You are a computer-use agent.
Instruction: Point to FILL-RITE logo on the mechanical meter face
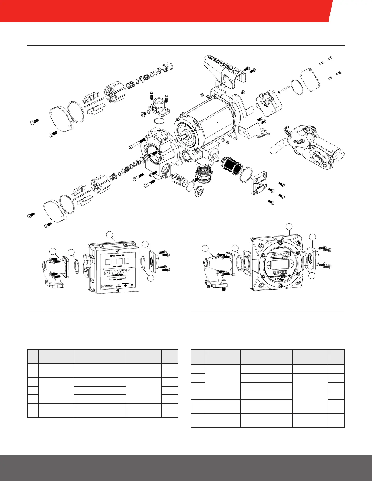coord(117,272)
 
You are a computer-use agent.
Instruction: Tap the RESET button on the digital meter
coord(280,272)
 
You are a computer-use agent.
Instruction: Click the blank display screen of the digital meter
coord(280,264)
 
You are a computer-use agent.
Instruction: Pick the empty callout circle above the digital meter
coord(290,227)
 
